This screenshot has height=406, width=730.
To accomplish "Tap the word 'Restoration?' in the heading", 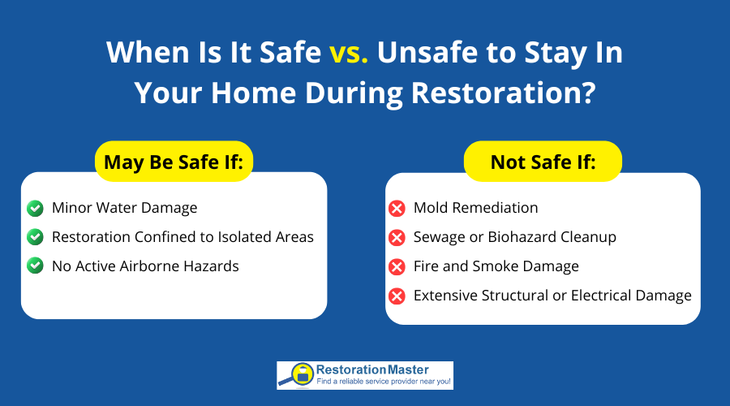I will point(504,92).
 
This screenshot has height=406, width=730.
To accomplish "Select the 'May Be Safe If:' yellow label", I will point(174,162).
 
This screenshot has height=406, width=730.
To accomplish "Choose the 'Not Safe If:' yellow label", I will point(543,162).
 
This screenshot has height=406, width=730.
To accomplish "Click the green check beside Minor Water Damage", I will point(35,208).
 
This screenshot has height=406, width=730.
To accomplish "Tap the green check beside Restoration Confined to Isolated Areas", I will point(35,237).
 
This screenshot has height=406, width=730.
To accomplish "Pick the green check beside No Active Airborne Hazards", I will point(35,266).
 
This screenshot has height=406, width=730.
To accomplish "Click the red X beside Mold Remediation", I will point(397,209).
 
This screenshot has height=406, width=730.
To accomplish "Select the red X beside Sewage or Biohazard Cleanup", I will point(397,238).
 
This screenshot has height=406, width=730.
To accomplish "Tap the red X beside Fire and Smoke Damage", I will point(397,267).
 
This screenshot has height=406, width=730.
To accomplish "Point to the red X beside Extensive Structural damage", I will point(397,296).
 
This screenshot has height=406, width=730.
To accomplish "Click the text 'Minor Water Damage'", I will point(124,208).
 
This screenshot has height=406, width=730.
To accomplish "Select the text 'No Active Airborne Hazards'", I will point(145,266).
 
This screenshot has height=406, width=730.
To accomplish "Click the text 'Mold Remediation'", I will point(475,208).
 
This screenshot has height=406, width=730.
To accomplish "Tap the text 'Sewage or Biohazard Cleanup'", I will point(515,237).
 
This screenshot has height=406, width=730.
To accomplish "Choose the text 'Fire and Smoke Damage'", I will point(496,266).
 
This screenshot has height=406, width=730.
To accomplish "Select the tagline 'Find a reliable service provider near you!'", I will point(384,382).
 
